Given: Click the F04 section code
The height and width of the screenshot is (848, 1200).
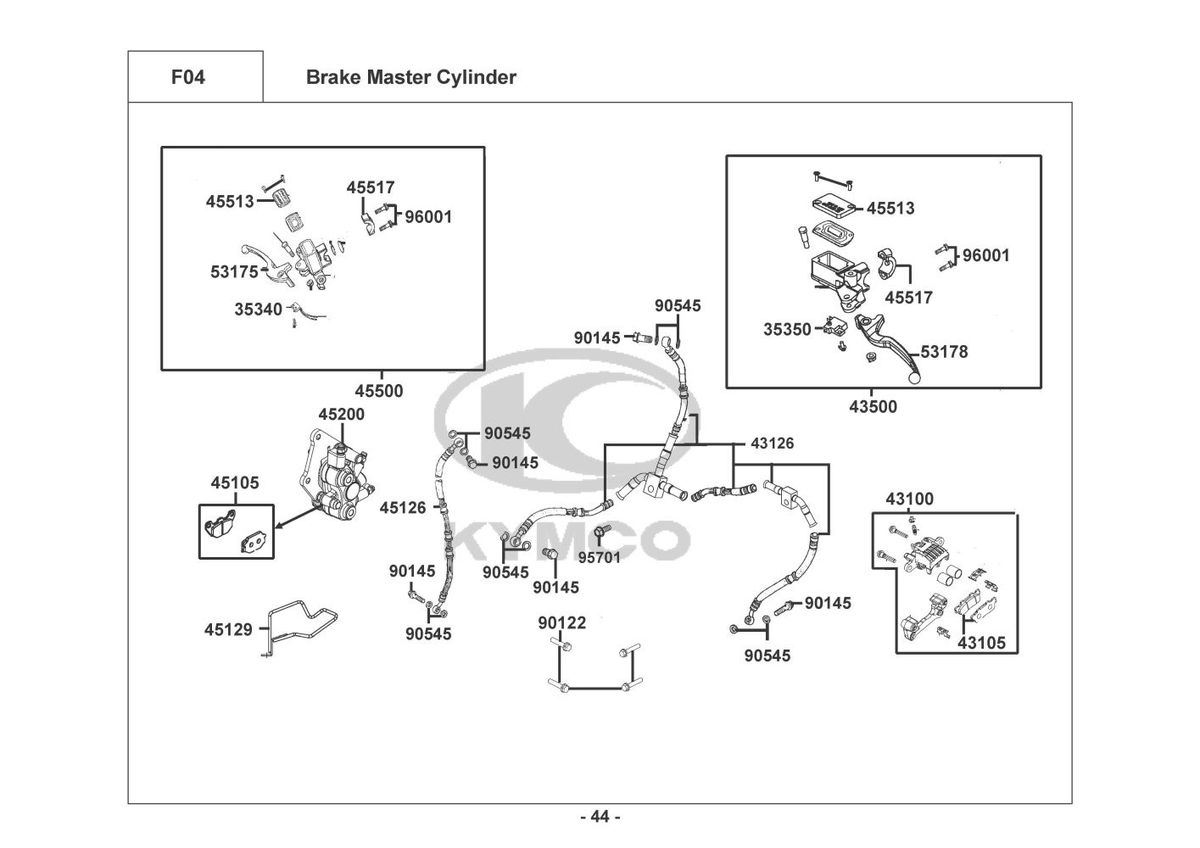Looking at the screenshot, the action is click(188, 77).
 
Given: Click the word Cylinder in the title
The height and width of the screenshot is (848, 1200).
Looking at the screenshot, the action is click(477, 77).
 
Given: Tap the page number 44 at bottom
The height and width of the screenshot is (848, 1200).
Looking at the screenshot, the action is click(600, 817).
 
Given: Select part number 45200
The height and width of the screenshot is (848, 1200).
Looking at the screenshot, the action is click(341, 414).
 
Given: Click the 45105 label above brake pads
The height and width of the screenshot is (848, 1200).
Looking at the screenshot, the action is click(235, 483).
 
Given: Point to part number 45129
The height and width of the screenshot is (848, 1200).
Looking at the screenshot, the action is click(228, 629).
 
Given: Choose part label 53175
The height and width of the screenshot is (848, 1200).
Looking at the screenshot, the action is click(234, 272).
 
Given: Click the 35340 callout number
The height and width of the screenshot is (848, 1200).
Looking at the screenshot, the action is click(258, 309).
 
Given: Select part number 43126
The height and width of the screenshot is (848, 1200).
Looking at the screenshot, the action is click(772, 443).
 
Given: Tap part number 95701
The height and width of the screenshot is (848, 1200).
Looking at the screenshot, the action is click(599, 558).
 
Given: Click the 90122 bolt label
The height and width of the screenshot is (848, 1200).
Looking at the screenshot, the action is click(562, 622).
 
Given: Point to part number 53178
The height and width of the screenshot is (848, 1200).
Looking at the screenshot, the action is click(945, 352).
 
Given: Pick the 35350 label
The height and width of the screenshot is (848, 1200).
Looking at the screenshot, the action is click(787, 329).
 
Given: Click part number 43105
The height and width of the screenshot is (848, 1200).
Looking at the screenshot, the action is click(981, 643).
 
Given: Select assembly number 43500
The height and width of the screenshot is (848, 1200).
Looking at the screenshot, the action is click(873, 406).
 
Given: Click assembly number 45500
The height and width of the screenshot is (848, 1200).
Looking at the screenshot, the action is click(379, 391).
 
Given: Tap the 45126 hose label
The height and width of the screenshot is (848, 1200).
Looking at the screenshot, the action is click(403, 507).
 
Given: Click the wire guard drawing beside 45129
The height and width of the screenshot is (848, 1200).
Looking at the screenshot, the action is click(301, 628).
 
